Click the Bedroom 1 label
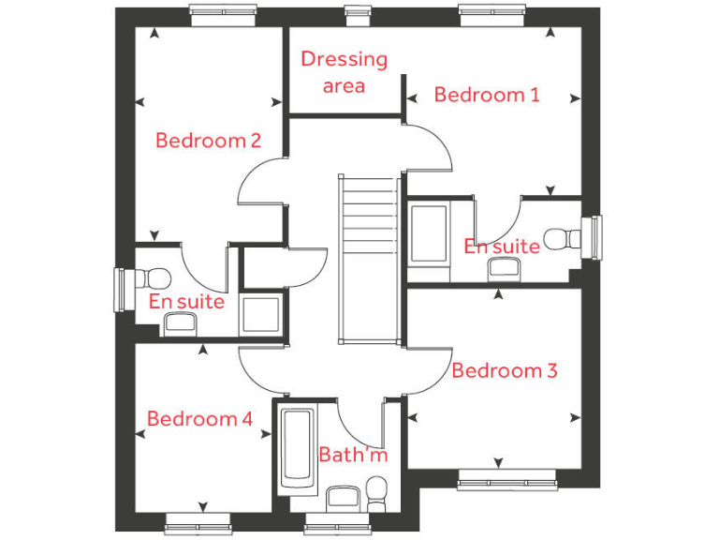pos(487,95)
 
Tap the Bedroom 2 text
pos(208,141)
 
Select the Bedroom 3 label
pos(504,370)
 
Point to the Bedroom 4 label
pos(199,419)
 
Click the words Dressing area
pos(344,72)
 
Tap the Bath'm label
pos(352,456)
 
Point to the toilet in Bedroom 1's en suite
pos(563,238)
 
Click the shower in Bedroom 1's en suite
pos(429,232)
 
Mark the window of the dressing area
pos(357,11)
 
